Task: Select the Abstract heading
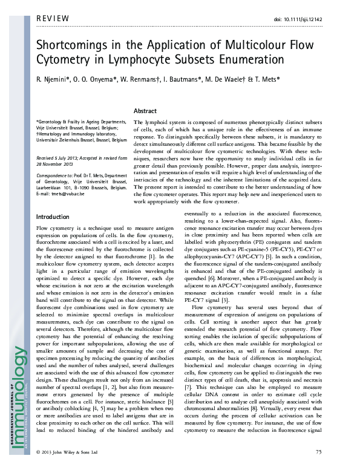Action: tap(145, 111)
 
